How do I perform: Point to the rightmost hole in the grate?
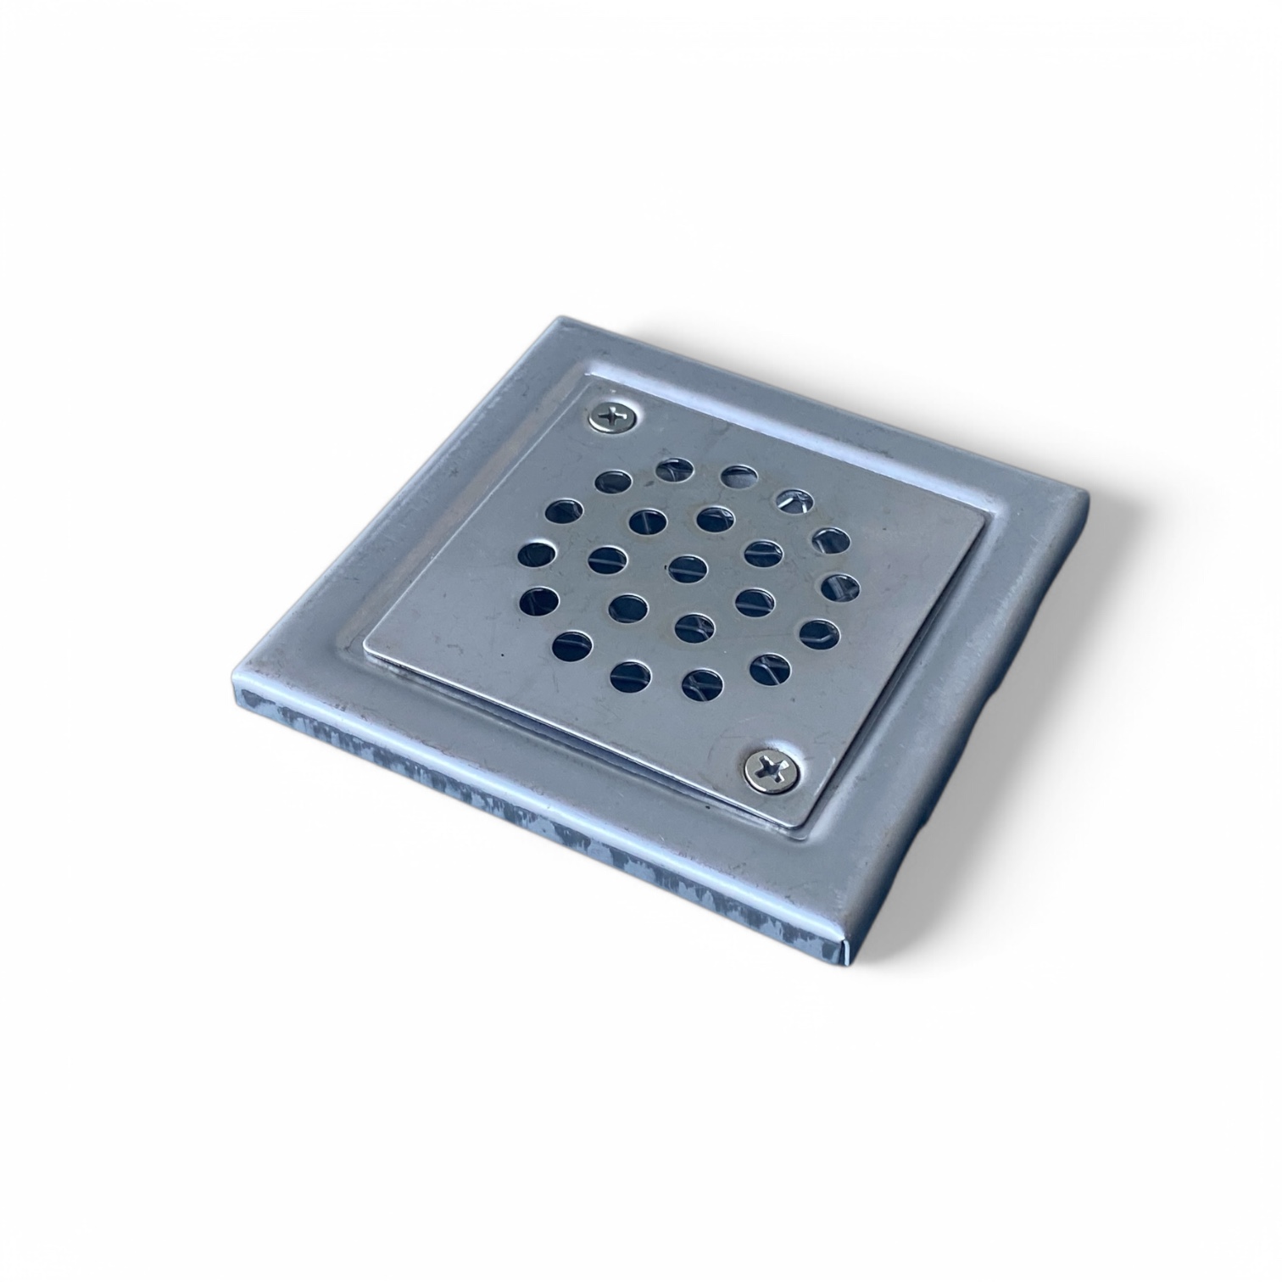coord(839,587)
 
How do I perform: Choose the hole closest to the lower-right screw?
coord(769,666)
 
